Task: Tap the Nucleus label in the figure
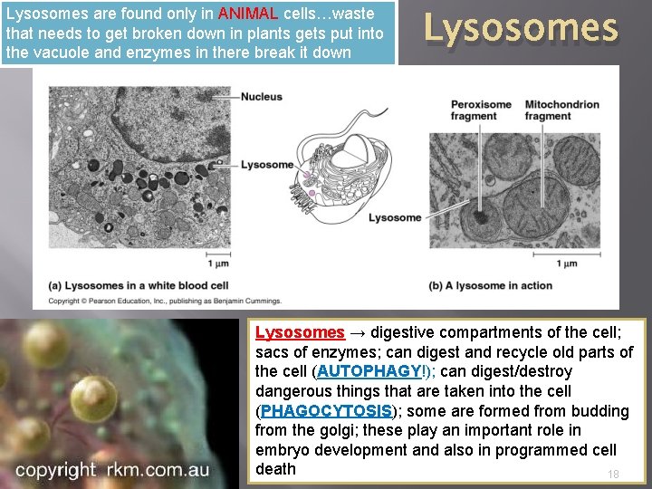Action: coord(262,97)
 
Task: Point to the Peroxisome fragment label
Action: coord(481,110)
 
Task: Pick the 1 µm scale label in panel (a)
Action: coord(218,264)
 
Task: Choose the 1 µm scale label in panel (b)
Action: coord(566,264)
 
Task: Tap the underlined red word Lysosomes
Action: coord(300,332)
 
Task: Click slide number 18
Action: coord(613,475)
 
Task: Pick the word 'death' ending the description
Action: coord(275,469)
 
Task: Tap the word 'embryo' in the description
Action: coord(282,450)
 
